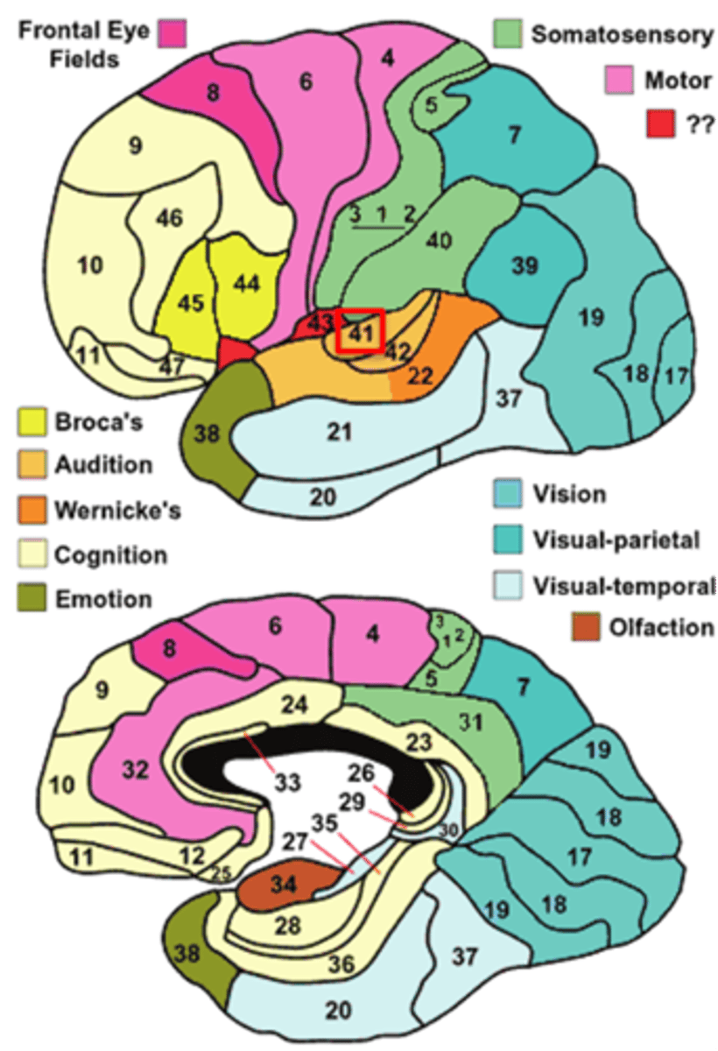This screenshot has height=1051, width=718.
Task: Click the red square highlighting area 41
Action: point(360,331)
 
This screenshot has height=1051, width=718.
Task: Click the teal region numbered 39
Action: point(524,265)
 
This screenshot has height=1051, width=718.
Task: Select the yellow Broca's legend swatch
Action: point(32,422)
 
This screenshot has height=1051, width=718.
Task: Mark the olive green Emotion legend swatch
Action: point(32,599)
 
